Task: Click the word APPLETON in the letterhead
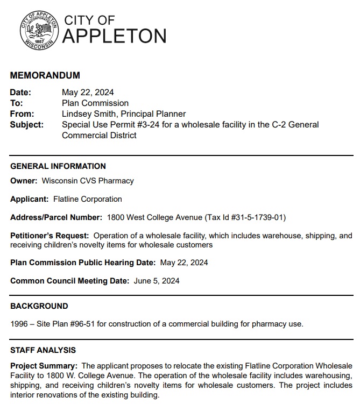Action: point(115,36)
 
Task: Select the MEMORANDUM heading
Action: point(45,75)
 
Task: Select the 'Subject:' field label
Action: point(26,124)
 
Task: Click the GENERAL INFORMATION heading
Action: point(58,166)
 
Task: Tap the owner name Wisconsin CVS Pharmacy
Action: point(88,181)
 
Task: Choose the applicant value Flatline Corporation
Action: point(88,199)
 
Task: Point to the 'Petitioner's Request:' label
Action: point(50,236)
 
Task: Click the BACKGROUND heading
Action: point(39,306)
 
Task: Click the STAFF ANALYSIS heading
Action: point(43,350)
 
